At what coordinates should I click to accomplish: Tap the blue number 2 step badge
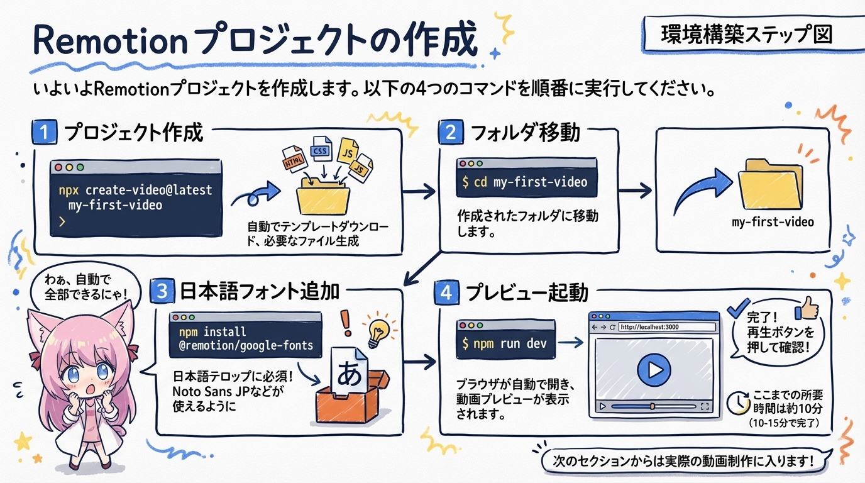[x=450, y=133]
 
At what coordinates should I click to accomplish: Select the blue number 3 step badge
[x=162, y=292]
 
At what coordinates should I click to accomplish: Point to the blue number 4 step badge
[x=445, y=293]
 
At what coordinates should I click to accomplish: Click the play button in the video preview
[x=654, y=369]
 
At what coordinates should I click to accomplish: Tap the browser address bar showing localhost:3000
[x=666, y=327]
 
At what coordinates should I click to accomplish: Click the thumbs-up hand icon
[x=807, y=308]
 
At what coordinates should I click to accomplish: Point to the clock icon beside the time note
[x=736, y=403]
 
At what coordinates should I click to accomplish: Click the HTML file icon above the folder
[x=294, y=158]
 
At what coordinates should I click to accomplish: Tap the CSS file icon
[x=321, y=150]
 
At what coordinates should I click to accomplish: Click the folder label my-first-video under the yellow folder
[x=773, y=222]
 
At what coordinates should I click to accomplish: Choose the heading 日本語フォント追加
[x=259, y=292]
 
